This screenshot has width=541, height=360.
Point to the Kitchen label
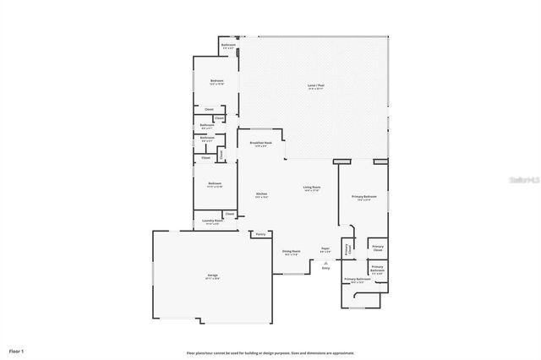262,194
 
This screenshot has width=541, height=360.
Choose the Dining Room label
291,251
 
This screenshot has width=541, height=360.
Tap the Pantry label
260,233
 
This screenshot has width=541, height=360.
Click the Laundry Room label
213,222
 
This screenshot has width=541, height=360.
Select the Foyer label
325,248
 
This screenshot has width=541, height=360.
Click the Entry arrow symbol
325,263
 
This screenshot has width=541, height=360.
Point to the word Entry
325,269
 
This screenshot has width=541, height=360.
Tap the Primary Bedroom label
364,197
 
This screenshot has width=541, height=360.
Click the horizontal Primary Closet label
377,248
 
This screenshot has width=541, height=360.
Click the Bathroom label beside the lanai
228,46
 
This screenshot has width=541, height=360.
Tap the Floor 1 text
17,350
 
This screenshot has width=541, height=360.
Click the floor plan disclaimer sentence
270,352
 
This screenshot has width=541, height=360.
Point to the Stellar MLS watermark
525,179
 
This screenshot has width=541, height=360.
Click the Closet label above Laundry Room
229,214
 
